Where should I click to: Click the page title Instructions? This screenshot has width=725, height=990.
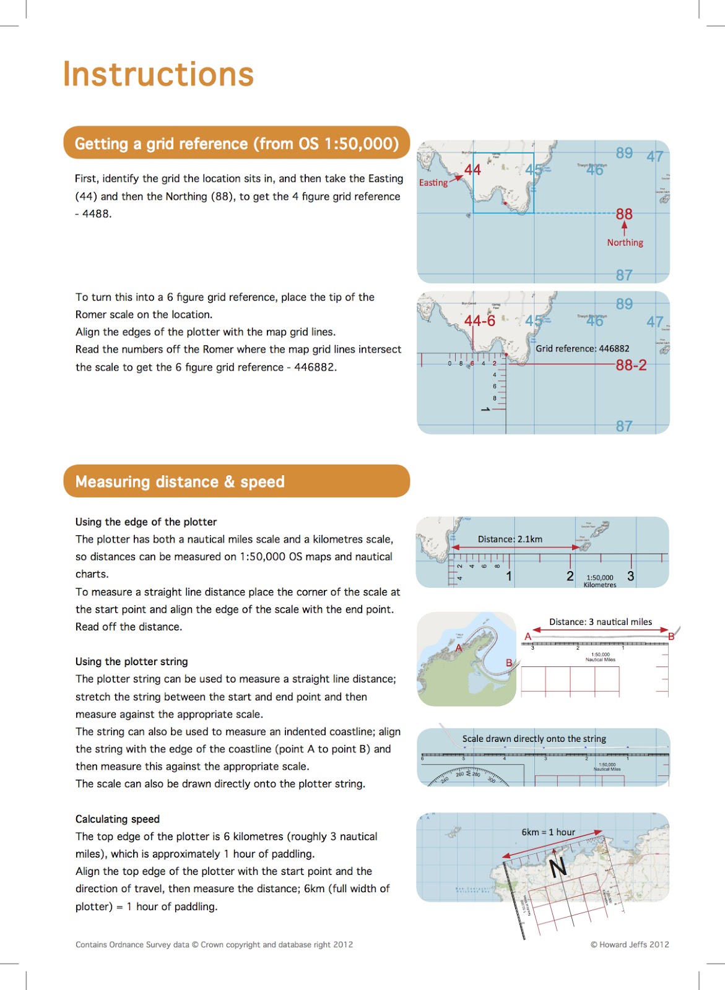click(x=158, y=75)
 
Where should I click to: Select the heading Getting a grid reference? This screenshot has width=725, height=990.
click(x=237, y=144)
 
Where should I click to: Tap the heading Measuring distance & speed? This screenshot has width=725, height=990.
click(x=180, y=481)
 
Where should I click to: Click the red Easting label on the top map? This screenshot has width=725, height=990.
click(x=433, y=183)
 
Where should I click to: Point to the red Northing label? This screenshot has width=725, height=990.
click(x=625, y=243)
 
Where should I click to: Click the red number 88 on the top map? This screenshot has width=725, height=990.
click(x=624, y=214)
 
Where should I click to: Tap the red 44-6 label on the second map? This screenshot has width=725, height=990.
click(x=480, y=321)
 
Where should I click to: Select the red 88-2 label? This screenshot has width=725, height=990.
click(x=631, y=365)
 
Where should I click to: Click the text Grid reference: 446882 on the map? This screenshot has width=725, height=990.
click(x=582, y=348)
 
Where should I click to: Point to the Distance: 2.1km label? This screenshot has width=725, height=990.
click(x=510, y=539)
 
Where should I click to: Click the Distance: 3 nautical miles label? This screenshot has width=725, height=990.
click(x=600, y=622)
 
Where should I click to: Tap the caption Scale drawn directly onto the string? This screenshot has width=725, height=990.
click(x=534, y=739)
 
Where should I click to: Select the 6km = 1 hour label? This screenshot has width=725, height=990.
click(x=548, y=832)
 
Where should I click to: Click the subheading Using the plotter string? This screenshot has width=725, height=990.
click(x=131, y=661)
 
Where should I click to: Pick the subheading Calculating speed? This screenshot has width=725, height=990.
click(x=118, y=819)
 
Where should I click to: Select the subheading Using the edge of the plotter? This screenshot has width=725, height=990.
click(x=146, y=522)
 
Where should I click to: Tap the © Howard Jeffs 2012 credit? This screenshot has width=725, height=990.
click(x=629, y=944)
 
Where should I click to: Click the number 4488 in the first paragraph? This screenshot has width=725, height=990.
click(x=96, y=214)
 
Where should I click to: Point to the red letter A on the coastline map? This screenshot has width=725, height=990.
click(x=459, y=648)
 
